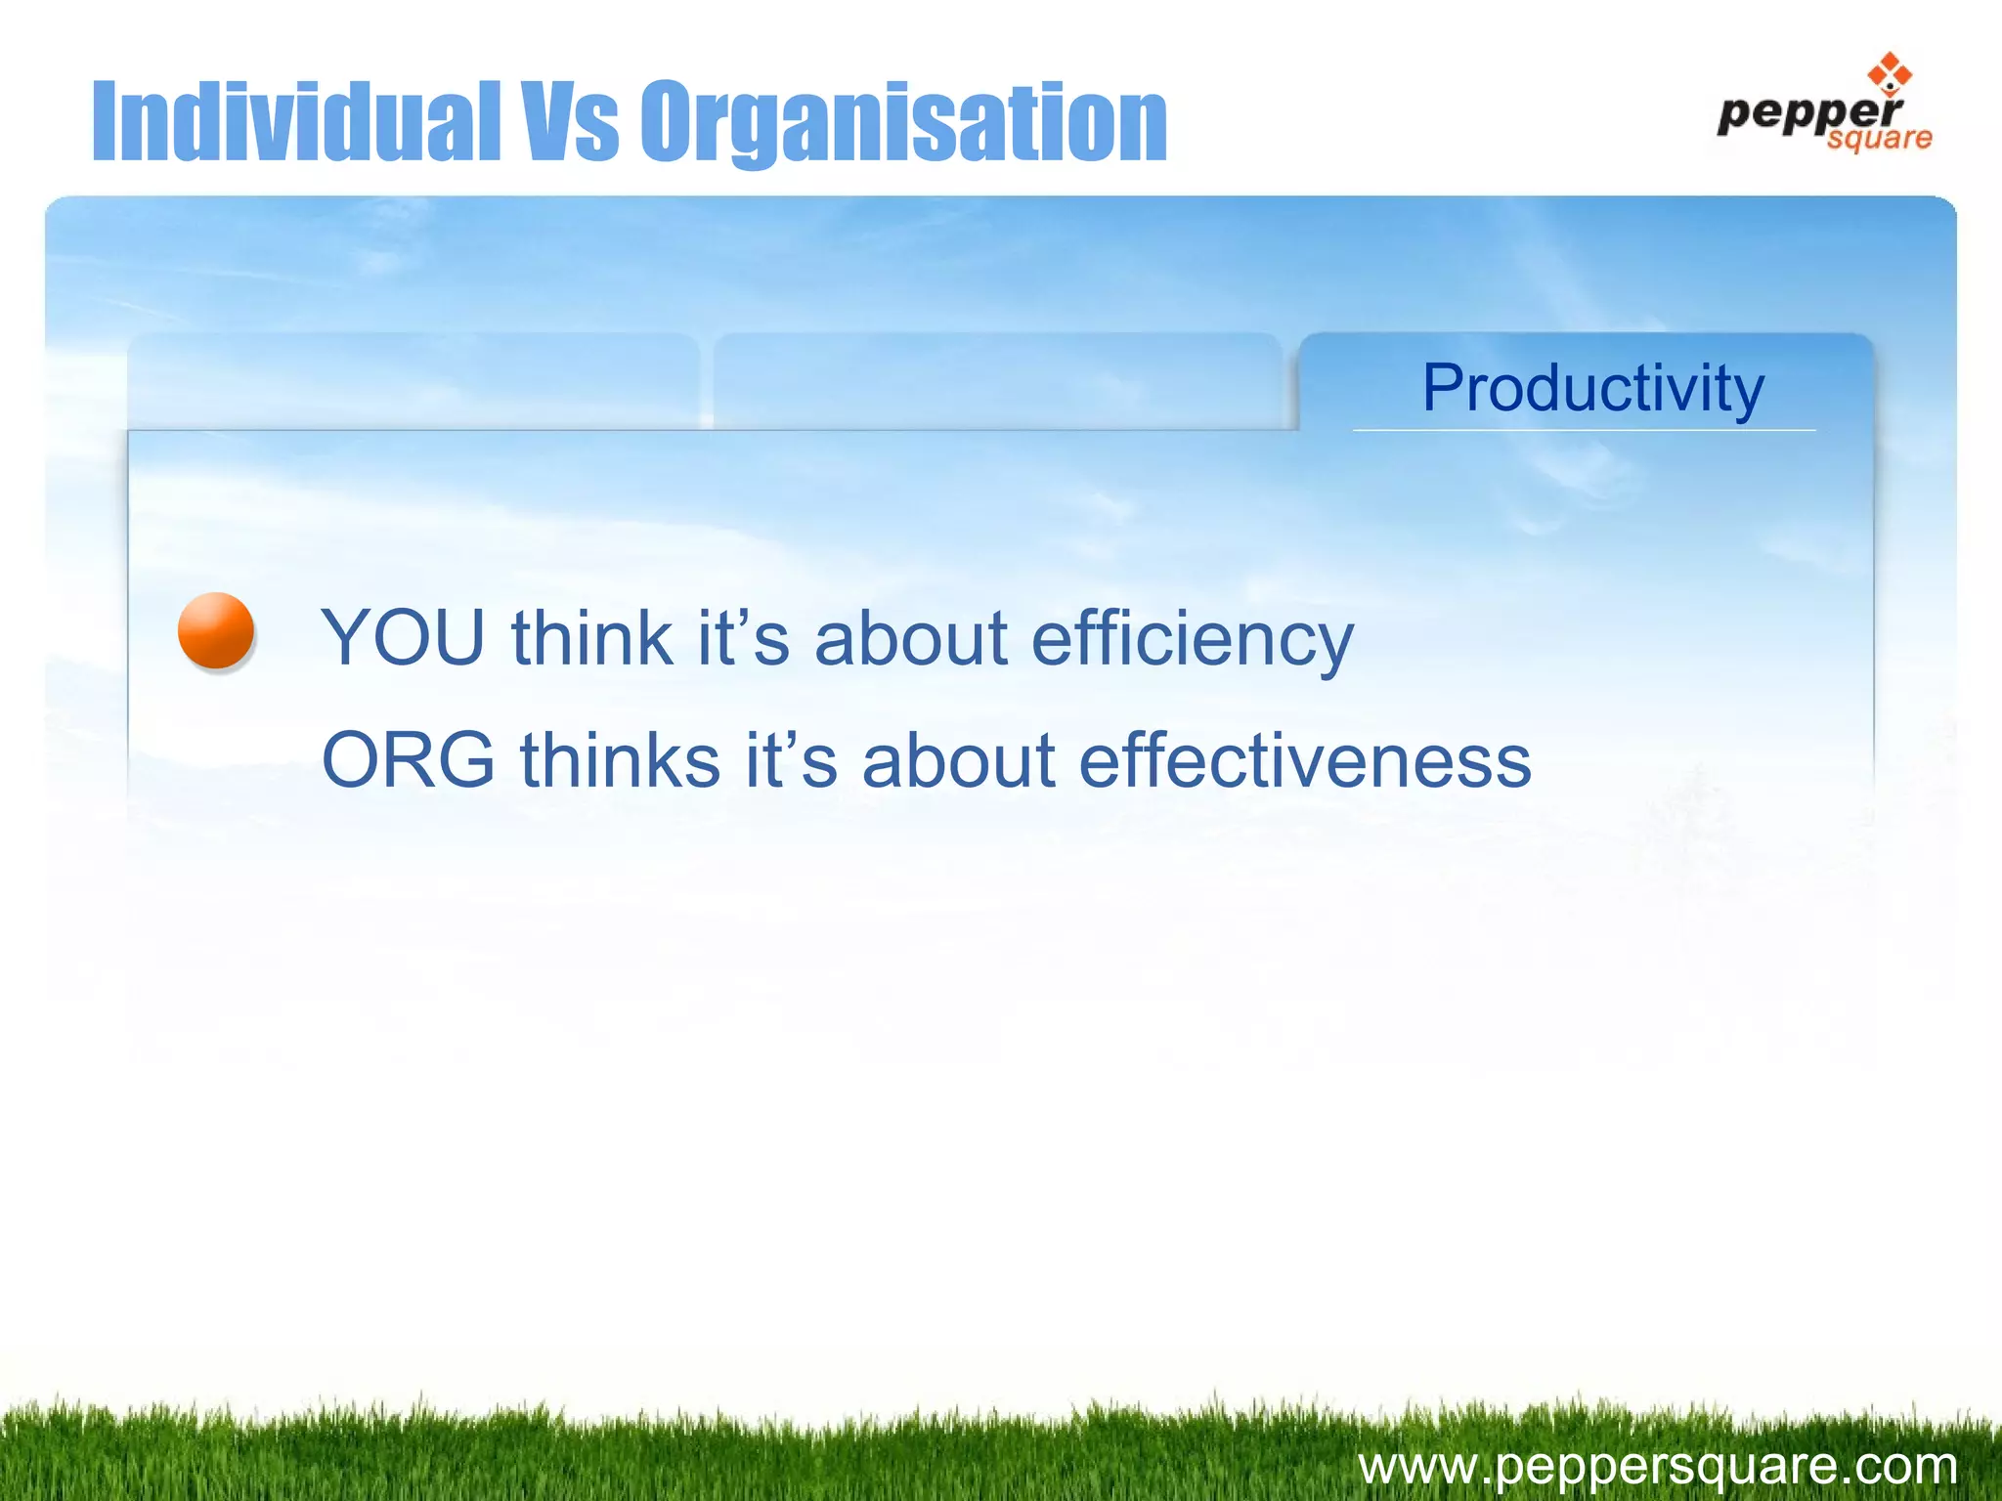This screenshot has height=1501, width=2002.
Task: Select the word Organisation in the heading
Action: [903, 123]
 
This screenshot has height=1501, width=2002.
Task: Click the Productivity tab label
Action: [1592, 388]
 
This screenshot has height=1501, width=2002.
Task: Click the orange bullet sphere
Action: [216, 630]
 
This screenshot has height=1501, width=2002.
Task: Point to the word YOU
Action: [403, 638]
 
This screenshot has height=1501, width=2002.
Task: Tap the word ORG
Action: [409, 760]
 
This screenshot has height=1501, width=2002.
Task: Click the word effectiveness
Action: [1304, 760]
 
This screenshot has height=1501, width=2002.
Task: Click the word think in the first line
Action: [592, 638]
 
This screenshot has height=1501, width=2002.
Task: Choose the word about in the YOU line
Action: [910, 638]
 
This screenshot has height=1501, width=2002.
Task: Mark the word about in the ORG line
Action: [958, 760]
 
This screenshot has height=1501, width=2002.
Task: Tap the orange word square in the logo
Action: [1879, 139]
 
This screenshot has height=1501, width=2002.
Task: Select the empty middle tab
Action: [997, 381]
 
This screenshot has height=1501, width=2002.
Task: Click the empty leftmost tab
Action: [413, 381]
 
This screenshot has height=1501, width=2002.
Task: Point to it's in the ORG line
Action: [792, 760]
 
